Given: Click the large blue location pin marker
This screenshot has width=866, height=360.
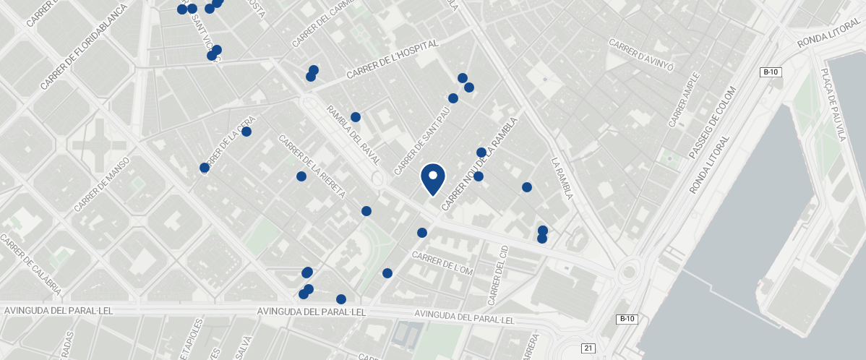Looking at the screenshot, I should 432,179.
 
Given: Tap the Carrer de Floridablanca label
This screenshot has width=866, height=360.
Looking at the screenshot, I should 84,46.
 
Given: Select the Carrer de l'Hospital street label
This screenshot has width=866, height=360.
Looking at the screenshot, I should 392,59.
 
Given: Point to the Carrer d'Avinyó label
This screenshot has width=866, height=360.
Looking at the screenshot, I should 641,55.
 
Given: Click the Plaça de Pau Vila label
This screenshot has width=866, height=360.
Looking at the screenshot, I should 832,104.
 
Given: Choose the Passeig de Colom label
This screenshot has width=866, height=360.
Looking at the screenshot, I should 712,123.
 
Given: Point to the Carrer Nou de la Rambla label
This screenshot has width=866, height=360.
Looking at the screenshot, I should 479,165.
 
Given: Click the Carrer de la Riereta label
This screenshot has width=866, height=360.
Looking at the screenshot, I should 312,167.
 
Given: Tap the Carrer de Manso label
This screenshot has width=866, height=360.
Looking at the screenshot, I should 101,184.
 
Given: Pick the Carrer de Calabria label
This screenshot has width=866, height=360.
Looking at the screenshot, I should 30,265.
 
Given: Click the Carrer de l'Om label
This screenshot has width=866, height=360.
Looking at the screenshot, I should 442,263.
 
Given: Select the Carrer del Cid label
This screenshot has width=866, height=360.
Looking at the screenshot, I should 498,275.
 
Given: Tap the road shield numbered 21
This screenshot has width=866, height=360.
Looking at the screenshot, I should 588,348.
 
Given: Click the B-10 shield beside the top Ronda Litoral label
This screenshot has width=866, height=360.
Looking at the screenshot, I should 771,72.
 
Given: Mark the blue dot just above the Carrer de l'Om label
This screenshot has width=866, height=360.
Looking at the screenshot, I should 422,233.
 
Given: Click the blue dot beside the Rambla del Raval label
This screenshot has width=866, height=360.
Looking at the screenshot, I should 356,117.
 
